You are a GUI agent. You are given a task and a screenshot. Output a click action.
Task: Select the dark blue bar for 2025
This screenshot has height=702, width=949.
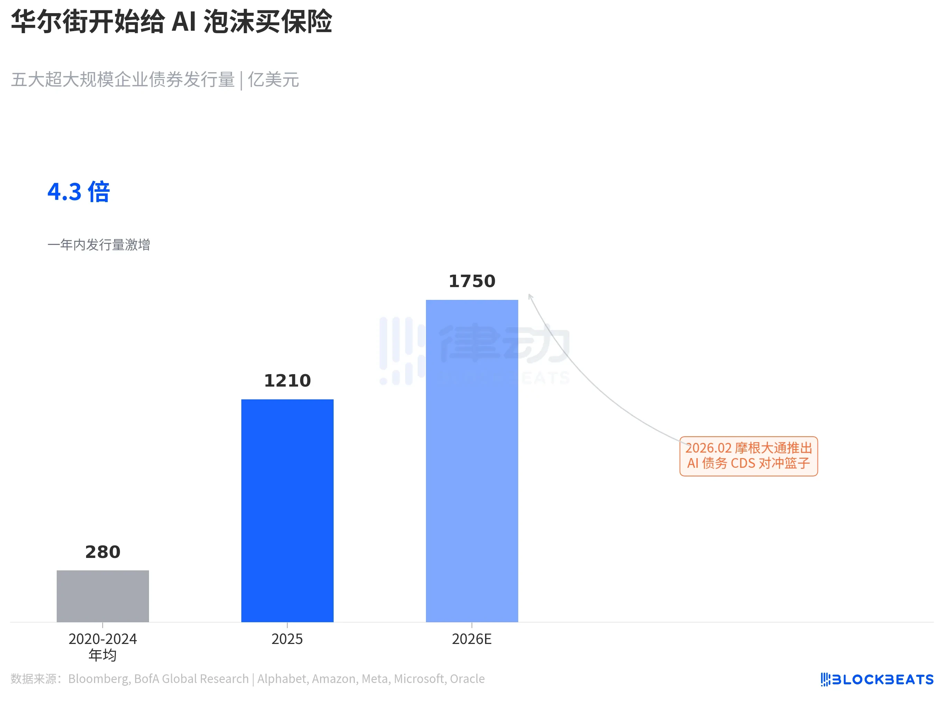pos(287,510)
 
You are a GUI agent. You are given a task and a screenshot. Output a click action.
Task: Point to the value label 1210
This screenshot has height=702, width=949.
pos(287,380)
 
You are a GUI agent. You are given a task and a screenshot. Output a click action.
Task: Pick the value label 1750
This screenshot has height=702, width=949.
pos(472,281)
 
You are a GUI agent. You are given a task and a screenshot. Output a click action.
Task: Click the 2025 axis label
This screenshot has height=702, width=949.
pos(287,639)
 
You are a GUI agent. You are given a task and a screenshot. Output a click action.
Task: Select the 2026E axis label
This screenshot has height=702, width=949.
pos(472,639)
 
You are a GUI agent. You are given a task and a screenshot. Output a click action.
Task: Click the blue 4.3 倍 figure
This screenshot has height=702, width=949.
pos(79,192)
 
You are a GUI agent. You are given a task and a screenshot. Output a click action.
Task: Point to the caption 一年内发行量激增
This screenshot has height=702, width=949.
pos(99,245)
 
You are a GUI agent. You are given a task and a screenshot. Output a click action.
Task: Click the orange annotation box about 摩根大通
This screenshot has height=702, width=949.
pos(748,456)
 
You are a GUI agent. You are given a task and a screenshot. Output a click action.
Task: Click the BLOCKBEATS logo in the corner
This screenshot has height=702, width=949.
pos(877,679)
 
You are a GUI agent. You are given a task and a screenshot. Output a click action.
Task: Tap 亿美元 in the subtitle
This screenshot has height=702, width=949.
pos(273,79)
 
